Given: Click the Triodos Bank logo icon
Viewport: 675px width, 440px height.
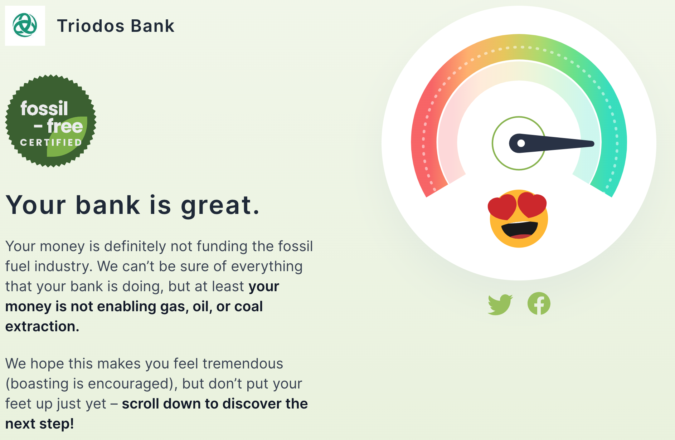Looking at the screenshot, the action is pyautogui.click(x=25, y=25).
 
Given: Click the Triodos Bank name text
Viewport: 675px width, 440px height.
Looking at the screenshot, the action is pyautogui.click(x=116, y=26).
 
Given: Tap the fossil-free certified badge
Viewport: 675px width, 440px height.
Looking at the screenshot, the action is pyautogui.click(x=51, y=121).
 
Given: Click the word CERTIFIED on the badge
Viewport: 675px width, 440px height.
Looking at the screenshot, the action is pyautogui.click(x=51, y=142).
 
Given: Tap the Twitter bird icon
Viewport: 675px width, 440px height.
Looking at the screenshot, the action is pyautogui.click(x=500, y=304).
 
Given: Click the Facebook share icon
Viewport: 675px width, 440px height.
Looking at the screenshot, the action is pyautogui.click(x=539, y=303).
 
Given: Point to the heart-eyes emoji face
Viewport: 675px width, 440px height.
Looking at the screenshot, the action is pyautogui.click(x=518, y=219).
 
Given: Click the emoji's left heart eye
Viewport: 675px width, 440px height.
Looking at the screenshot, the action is pyautogui.click(x=502, y=207).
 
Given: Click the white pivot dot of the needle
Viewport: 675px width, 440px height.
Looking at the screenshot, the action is pyautogui.click(x=521, y=143).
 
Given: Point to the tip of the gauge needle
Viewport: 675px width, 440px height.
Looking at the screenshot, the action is pyautogui.click(x=593, y=144).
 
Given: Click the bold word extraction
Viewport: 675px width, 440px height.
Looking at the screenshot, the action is pyautogui.click(x=42, y=327).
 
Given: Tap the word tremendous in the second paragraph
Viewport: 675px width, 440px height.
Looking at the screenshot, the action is pyautogui.click(x=243, y=364).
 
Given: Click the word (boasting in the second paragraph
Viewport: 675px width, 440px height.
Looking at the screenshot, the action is pyautogui.click(x=37, y=384).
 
